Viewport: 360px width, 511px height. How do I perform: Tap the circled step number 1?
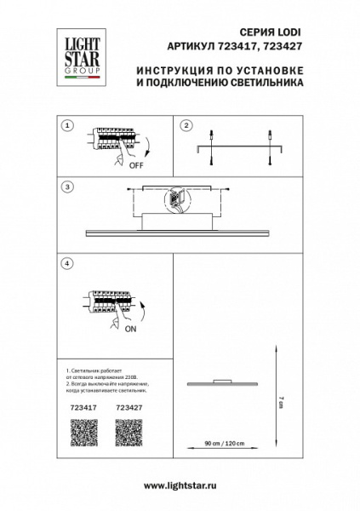66,125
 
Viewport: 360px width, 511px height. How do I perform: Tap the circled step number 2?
185,125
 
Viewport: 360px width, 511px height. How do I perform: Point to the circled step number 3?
66,186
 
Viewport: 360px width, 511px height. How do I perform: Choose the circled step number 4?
66,263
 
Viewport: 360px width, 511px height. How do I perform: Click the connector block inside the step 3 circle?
180,200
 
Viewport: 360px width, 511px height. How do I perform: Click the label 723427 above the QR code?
129,408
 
